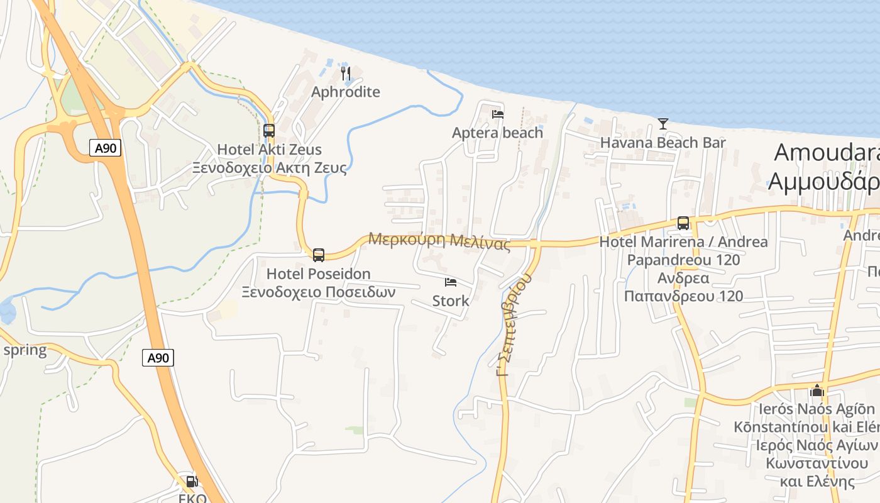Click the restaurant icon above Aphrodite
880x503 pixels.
pos(346,74)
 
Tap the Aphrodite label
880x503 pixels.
pos(346,92)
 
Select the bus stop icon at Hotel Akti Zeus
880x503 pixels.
pos(269,131)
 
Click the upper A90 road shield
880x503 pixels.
pos(105,148)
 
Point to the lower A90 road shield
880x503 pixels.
pos(158,358)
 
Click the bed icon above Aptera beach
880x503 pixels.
pos(498,114)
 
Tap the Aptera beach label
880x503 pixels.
pos(497,133)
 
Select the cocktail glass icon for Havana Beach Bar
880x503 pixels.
pos(663,124)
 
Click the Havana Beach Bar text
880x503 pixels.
pos(663,143)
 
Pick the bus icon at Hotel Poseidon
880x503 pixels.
pos(319,255)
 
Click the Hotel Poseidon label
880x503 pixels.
pos(318,274)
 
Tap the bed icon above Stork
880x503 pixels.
pos(451,282)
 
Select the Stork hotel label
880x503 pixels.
pos(451,301)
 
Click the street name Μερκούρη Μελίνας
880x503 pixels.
pos(439,241)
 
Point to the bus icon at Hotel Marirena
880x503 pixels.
pos(683,223)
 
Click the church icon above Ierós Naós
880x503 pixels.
pos(817,390)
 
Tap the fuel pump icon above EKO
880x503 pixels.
pos(192,482)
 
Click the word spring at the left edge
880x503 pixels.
pos(25,350)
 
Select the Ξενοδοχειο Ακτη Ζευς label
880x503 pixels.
pos(269,168)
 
